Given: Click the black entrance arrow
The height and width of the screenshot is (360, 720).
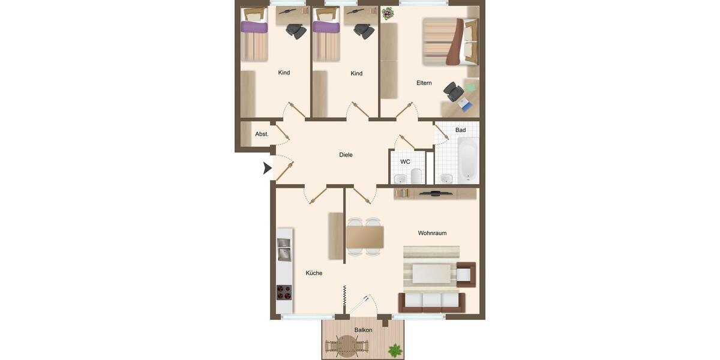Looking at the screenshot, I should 267,169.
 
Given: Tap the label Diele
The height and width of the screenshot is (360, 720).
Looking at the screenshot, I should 346,155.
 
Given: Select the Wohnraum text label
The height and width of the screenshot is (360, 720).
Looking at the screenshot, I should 432,233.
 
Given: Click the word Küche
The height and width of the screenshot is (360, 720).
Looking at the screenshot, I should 314,273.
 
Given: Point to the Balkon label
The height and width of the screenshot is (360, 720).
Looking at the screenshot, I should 363,330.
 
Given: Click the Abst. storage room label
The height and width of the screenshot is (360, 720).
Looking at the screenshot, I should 262,134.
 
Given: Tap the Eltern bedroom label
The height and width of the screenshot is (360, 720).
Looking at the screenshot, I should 424,83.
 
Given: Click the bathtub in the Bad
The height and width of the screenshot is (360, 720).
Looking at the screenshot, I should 468,160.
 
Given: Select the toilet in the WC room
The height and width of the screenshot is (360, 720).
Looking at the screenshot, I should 416,176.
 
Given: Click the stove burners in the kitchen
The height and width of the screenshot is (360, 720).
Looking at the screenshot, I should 284,292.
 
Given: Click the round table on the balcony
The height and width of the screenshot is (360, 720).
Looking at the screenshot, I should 346,346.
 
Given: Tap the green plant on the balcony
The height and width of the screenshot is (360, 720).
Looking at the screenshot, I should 395,349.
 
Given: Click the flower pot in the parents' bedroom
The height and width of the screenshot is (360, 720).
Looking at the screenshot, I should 388,13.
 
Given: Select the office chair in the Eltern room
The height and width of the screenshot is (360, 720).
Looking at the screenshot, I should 454,92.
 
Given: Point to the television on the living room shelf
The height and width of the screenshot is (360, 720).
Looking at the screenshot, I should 436,193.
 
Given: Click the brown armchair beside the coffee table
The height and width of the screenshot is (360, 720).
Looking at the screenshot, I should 466,274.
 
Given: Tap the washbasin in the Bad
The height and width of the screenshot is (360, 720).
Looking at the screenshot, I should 445,178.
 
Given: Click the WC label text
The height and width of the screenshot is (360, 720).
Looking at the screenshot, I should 405,162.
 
